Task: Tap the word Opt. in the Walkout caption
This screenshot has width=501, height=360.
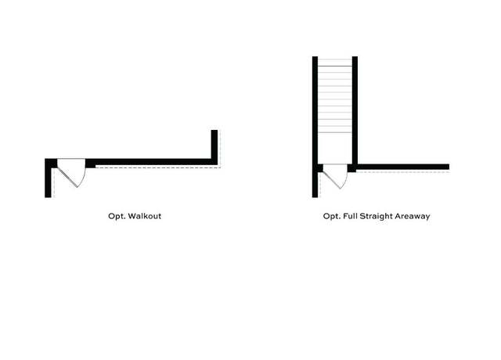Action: coord(117,217)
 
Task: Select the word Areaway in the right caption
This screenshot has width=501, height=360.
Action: coord(413,217)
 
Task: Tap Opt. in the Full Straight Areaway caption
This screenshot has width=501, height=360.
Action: coord(331,217)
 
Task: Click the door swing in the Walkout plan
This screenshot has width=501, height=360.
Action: coord(71,172)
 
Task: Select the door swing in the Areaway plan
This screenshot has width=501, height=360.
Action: coord(335,176)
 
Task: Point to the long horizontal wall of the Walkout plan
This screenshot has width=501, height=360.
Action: coord(151,162)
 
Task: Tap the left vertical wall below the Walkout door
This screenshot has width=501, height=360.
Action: coord(48,182)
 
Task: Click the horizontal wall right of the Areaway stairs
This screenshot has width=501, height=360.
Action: coord(403,167)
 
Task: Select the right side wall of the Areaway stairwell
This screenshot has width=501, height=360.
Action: coord(355,110)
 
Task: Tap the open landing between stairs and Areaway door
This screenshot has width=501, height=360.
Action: coord(335,148)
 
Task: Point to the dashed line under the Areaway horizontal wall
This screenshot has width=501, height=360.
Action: coord(402,172)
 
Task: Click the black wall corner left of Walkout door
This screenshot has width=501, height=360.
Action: coord(51,163)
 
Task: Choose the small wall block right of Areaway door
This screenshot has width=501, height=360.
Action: coord(351,168)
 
